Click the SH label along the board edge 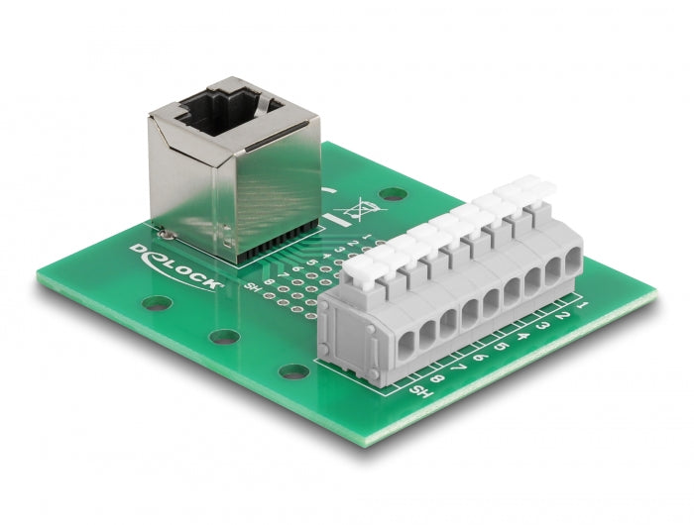click(420, 392)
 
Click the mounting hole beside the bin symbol click(395, 195)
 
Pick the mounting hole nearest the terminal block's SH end click(292, 372)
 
